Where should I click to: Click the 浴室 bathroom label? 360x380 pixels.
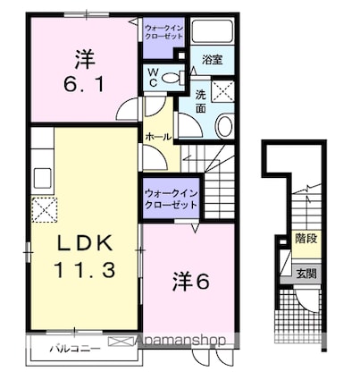213,60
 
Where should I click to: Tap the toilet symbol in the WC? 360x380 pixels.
172,79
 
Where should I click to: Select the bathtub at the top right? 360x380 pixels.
212,31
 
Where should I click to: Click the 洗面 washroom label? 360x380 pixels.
201,102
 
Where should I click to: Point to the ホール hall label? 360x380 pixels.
158,137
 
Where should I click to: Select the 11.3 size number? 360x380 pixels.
85,270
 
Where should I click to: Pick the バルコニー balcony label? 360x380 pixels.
75,348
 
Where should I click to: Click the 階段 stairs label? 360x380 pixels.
306,239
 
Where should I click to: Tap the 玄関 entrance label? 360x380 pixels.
306,274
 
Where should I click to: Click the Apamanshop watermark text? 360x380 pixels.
180,340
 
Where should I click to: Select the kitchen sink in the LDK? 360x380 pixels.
42,178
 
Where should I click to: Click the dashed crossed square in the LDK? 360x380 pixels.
45,209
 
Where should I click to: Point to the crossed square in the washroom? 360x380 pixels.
222,91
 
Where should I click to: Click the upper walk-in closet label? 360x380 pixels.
163,32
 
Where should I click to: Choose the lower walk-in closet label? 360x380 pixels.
171,198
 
